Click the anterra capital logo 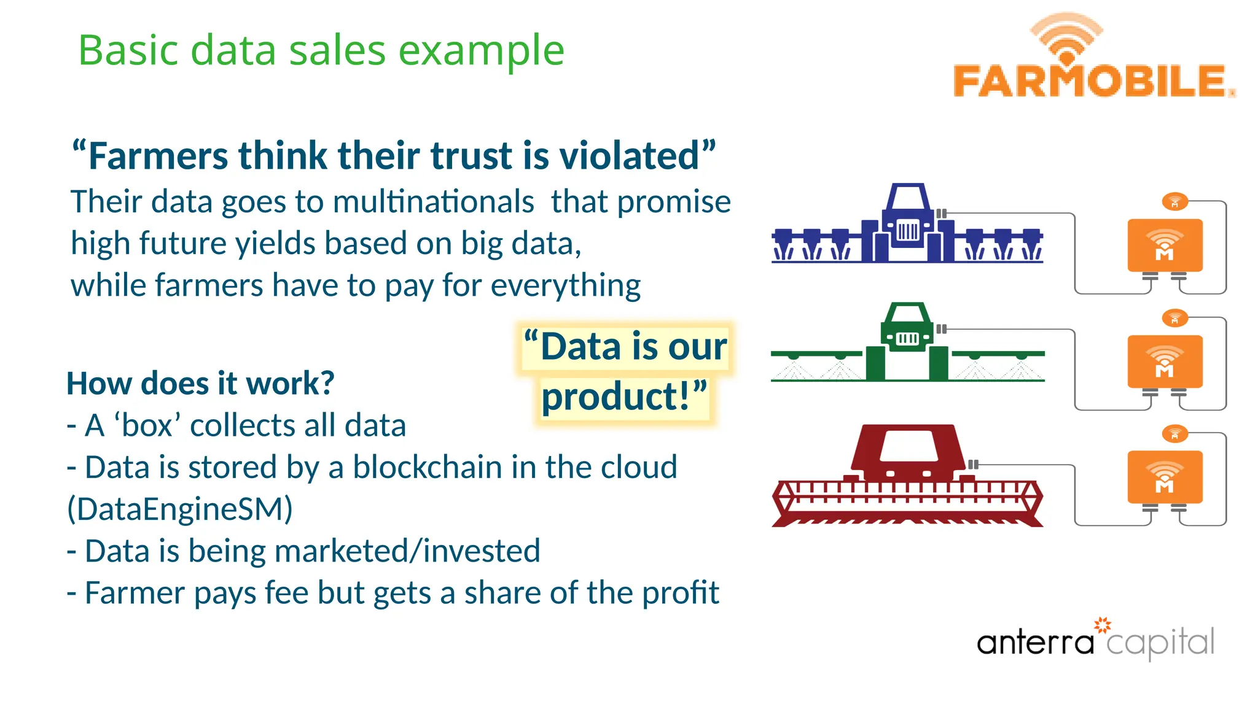click(x=1095, y=641)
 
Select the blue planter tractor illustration click(x=907, y=226)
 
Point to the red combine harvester click(x=907, y=476)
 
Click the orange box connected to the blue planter click(x=1165, y=245)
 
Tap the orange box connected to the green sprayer click(x=1165, y=361)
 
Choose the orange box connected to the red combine click(x=1165, y=477)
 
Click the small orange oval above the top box click(x=1174, y=201)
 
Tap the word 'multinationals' click(x=434, y=202)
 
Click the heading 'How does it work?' click(x=200, y=384)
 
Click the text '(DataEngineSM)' click(x=180, y=509)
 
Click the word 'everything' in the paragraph click(x=565, y=285)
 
